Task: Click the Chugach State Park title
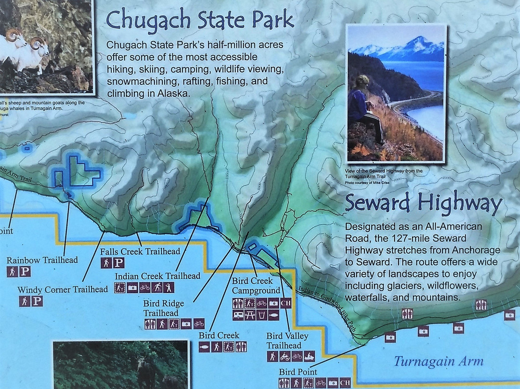200,20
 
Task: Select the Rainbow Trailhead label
42,260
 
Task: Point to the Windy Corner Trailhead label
63,289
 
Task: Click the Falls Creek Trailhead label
140,251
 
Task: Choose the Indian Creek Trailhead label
157,276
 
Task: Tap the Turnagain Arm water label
438,361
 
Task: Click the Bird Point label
298,372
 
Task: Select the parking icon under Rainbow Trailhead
25,272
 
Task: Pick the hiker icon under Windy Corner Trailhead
25,301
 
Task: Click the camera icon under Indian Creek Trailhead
132,288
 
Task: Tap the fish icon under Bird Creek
204,347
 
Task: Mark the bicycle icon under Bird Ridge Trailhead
199,324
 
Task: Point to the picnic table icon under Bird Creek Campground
250,315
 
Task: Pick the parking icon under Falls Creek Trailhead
118,263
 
